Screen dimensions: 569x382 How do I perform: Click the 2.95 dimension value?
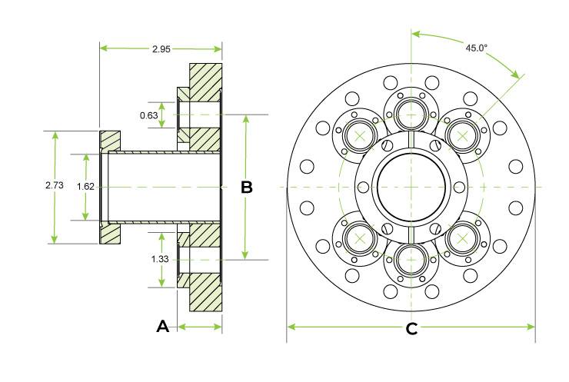[161, 49]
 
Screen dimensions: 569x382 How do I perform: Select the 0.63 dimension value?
[148, 115]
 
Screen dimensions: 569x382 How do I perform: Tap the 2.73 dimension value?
[55, 185]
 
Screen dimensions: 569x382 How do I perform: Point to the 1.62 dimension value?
[85, 187]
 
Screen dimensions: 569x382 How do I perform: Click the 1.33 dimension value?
[160, 259]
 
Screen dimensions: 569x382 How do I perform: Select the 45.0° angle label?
[477, 48]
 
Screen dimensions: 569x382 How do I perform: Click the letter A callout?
[162, 327]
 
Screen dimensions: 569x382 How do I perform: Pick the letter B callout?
[247, 188]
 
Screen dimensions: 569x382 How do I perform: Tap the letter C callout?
[411, 329]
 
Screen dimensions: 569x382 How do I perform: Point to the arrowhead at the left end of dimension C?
[291, 327]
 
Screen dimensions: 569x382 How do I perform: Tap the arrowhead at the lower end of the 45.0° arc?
[516, 74]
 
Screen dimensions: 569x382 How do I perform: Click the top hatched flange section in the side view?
[205, 82]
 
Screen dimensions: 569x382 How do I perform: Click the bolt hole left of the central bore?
[363, 188]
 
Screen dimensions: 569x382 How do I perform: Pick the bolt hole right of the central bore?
[459, 188]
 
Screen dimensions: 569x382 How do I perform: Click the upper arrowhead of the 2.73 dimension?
[55, 136]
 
